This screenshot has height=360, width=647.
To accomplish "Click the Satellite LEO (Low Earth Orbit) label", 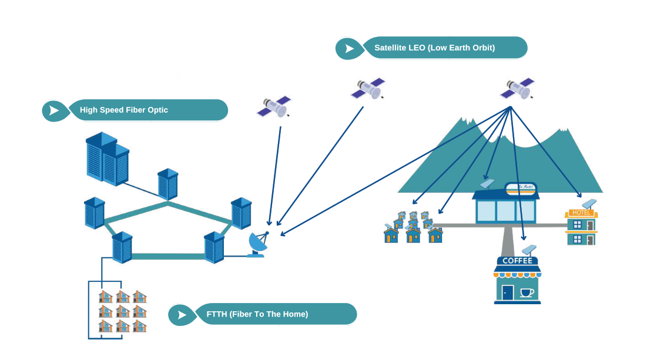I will (x=434, y=48).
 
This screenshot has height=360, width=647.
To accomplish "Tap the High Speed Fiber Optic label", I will (x=124, y=110).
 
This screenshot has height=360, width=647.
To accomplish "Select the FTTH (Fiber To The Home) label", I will (x=257, y=314).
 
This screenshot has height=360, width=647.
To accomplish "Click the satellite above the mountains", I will (x=517, y=89).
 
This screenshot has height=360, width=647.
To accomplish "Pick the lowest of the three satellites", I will (x=273, y=107).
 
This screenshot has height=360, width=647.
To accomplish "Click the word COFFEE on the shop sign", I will (x=517, y=261).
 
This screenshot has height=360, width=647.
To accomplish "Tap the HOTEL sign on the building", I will (x=582, y=213).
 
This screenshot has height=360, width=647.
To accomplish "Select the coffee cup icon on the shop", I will (x=527, y=292).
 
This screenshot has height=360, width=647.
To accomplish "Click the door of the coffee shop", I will (x=508, y=292).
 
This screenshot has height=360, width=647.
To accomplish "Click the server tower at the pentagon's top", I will (x=168, y=184).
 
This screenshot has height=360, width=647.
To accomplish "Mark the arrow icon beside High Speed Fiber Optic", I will (x=54, y=110).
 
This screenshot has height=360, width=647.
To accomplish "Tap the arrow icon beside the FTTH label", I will (x=182, y=315).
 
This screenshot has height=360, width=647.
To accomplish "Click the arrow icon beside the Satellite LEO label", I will (x=349, y=48).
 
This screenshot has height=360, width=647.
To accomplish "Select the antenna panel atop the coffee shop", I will (x=531, y=249).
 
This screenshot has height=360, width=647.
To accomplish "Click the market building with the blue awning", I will (x=505, y=206).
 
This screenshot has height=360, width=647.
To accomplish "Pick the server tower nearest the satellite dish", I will (x=214, y=247).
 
